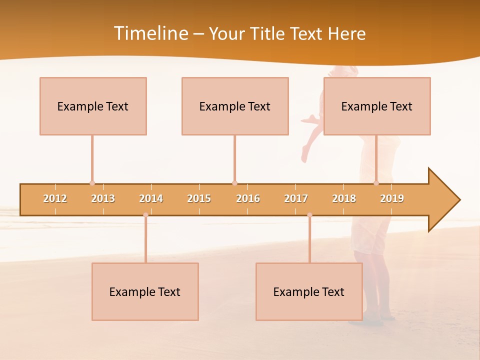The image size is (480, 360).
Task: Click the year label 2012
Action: pos(55,198)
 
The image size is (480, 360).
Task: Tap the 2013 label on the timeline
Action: pos(103,198)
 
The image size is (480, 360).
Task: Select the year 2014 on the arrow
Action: pos(151,198)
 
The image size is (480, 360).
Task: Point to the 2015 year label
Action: pos(199,198)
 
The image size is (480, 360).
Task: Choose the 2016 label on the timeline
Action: pos(248,198)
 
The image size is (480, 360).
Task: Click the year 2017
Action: pos(296,198)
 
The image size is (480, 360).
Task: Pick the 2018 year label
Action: pos(344,198)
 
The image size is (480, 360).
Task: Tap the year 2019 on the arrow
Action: pos(392,198)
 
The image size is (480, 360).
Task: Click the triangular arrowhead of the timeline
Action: pos(443,200)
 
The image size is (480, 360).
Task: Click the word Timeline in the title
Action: pos(150,33)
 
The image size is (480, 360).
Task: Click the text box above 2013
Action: pos(93,106)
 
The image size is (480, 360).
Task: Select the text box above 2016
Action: pos(235,106)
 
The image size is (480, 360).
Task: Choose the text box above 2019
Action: pos(377,106)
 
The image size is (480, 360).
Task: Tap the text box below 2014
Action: pos(145,291)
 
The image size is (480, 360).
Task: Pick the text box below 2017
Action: pos(309,291)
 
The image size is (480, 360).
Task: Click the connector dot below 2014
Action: pos(145,215)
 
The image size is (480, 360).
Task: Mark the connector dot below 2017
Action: pos(309,215)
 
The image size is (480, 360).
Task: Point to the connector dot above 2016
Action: pos(234,183)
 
